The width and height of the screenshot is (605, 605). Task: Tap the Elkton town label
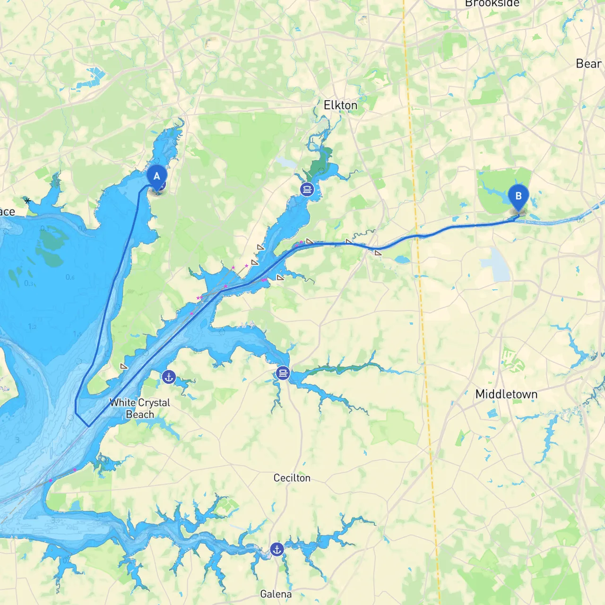340,105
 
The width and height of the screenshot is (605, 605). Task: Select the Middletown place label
506,394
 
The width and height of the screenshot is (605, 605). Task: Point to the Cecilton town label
292,478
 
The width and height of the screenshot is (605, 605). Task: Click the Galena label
276,594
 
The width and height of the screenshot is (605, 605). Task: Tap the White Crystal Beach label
140,408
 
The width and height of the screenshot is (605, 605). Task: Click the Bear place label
588,64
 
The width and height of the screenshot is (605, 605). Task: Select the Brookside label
492,4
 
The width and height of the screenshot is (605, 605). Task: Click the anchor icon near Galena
277,549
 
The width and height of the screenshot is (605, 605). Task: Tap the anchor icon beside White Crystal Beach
169,377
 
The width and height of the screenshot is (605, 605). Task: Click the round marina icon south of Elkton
307,190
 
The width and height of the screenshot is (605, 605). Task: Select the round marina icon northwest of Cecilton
283,374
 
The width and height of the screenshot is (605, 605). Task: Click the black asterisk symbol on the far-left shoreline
28,201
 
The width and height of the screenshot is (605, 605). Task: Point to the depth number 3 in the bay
17,440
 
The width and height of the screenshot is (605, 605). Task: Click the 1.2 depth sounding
32,327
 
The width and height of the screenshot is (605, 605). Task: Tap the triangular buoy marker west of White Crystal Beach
124,366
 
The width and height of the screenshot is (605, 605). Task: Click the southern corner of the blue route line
89,426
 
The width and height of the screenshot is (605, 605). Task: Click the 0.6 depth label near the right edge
581,220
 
